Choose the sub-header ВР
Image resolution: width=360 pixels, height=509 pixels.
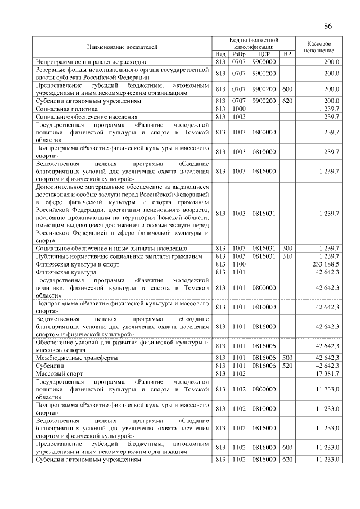coord(287,54)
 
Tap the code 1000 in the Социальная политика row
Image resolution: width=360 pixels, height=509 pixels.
coord(239,109)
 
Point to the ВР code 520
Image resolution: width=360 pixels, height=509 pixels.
coord(287,365)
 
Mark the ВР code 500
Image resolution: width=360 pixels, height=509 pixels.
coord(287,357)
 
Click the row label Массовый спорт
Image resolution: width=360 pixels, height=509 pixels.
coord(60,373)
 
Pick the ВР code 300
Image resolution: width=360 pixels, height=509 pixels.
coord(287,248)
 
